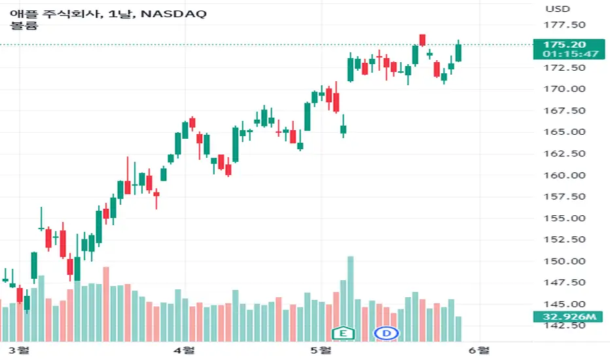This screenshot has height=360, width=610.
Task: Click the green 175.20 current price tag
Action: [569, 49]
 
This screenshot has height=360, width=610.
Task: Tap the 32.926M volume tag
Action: [569, 316]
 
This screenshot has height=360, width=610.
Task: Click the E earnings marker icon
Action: [343, 333]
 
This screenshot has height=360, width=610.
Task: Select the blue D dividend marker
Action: [386, 333]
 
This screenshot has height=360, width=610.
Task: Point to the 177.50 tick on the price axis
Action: [564, 25]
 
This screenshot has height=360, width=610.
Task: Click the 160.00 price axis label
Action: [564, 175]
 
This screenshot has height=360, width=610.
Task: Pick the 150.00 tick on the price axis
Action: [564, 261]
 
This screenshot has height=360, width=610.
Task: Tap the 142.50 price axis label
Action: [564, 325]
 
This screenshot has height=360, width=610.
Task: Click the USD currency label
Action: [558, 9]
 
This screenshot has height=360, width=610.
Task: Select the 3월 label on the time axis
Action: [19, 350]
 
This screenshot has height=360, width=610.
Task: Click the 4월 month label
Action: [184, 350]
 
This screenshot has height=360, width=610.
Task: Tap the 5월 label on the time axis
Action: [321, 350]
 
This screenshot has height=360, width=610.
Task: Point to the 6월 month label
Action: [479, 350]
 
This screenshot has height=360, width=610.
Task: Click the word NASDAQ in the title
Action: [173, 14]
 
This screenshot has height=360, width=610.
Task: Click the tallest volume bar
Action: [351, 299]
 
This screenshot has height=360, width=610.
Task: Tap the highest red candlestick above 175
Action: [422, 40]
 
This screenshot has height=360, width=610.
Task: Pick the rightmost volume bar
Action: [458, 329]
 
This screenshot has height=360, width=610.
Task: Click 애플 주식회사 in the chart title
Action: [56, 14]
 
